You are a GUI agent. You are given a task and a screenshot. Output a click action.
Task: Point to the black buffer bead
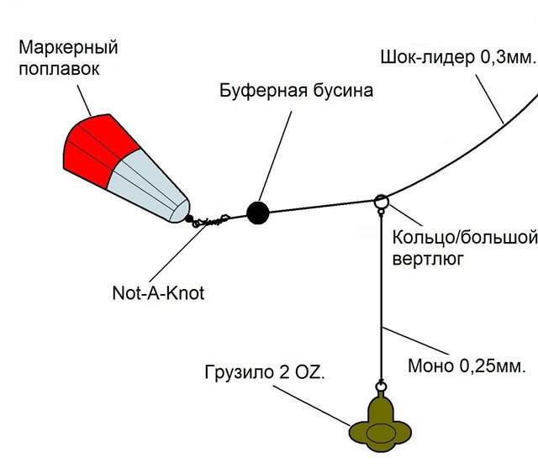pos(257,213)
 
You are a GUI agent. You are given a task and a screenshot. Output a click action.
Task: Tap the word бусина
pos(340,90)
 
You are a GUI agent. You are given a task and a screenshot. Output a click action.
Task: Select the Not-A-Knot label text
pos(158,293)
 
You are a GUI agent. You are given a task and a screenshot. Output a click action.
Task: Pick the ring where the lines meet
pos(380,202)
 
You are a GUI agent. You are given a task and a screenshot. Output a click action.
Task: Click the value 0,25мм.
pos(491,367)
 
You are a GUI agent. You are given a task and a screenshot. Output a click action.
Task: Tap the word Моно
pos(430,367)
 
